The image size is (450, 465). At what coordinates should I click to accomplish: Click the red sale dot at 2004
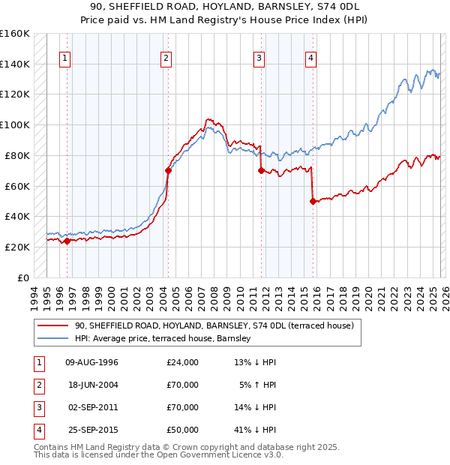pyautogui.click(x=168, y=170)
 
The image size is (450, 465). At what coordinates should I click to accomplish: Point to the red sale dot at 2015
pyautogui.click(x=313, y=200)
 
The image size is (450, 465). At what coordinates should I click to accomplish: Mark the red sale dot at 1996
pyautogui.click(x=67, y=241)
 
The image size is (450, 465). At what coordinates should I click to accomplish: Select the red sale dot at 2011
pyautogui.click(x=261, y=170)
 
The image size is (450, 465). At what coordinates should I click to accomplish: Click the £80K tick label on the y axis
pyautogui.click(x=15, y=155)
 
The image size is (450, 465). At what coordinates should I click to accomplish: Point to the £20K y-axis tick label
pyautogui.click(x=15, y=247)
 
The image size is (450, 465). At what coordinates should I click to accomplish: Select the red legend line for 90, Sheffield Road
pyautogui.click(x=53, y=325)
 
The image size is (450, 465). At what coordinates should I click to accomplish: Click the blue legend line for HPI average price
pyautogui.click(x=53, y=339)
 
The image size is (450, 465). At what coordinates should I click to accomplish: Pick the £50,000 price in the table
pyautogui.click(x=183, y=430)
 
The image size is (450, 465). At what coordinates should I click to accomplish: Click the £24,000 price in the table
pyautogui.click(x=183, y=363)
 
